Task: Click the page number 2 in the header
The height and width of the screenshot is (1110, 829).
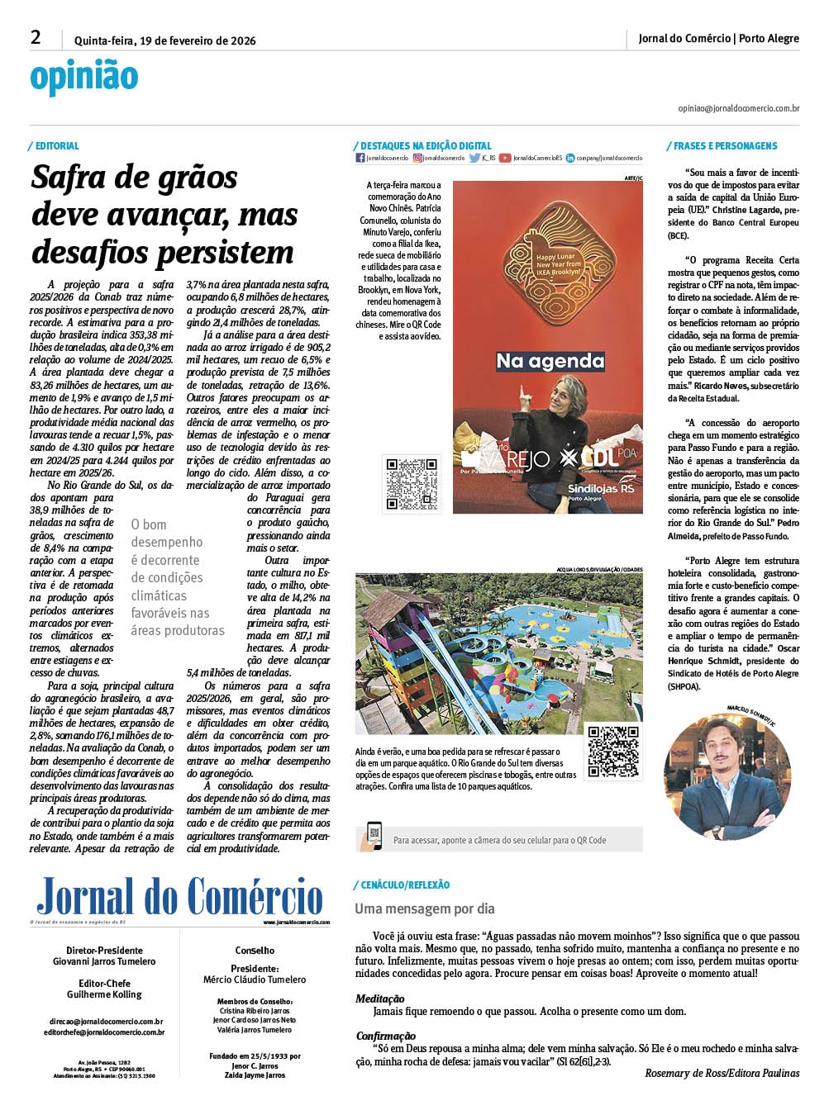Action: point(36,37)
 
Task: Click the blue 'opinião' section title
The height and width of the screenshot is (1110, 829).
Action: point(84,77)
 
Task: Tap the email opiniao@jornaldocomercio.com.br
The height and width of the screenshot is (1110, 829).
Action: point(738,108)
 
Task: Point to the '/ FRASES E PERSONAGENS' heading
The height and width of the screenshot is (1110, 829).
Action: point(722,146)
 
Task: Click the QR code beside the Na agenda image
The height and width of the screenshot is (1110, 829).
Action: point(411,484)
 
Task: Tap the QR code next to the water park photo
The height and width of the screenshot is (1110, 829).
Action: point(612,752)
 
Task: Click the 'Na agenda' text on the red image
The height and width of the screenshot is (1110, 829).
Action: point(550,361)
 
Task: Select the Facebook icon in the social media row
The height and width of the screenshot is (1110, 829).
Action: point(360,158)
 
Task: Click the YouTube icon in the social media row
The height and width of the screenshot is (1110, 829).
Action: point(504,158)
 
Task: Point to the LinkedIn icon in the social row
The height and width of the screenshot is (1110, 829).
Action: point(570,158)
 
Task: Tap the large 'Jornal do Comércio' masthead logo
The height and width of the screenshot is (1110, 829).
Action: point(179,897)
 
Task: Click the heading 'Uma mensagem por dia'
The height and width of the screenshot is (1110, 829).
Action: point(425,908)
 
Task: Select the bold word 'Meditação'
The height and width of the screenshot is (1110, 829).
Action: point(380,999)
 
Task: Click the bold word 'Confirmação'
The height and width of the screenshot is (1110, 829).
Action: point(386,1036)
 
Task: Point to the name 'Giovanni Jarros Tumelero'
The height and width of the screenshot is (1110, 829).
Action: point(104,961)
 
